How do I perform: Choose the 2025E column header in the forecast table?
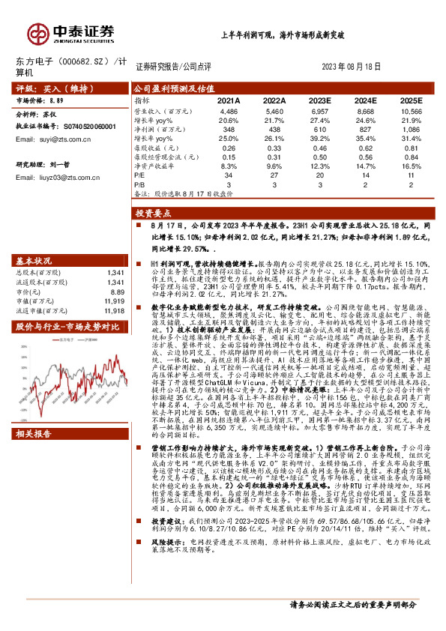pyautogui.click(x=411, y=100)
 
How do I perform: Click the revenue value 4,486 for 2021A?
pyautogui.click(x=229, y=110)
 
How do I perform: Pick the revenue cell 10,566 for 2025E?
pyautogui.click(x=411, y=110)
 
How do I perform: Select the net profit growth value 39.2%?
pyautogui.click(x=319, y=139)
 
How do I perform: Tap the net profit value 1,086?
pyautogui.click(x=412, y=129)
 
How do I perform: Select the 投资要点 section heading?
pyautogui.click(x=154, y=213)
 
